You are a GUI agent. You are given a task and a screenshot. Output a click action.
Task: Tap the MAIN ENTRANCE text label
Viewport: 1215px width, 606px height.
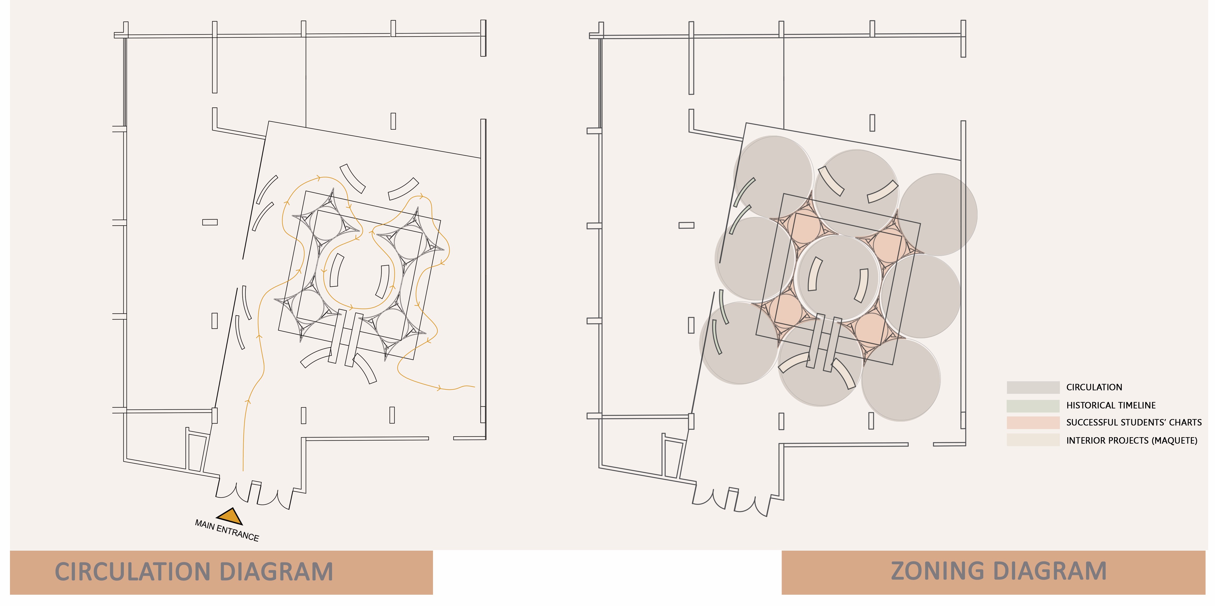tap(227, 530)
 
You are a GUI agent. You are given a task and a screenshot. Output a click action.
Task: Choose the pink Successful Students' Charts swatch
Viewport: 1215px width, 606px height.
tap(1033, 422)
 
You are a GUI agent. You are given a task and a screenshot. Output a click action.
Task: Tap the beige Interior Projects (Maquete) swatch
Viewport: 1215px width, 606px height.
tap(1033, 440)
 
